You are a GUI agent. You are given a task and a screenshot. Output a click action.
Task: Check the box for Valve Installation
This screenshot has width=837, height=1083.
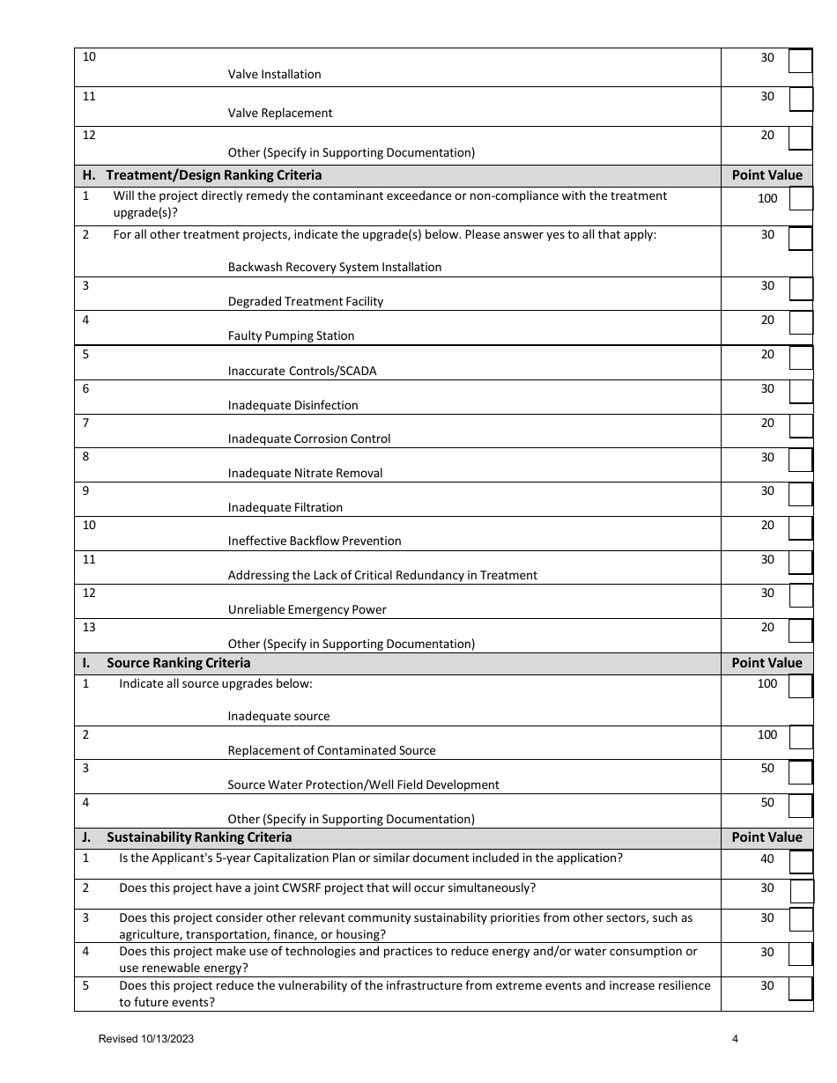[x=800, y=61]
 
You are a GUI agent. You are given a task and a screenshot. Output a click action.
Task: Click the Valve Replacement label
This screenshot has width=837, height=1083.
[x=280, y=114]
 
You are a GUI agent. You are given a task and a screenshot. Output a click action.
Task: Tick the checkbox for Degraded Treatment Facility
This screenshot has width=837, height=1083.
[x=800, y=289]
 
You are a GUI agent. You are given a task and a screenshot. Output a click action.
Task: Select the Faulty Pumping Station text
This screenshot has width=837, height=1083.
[x=291, y=336]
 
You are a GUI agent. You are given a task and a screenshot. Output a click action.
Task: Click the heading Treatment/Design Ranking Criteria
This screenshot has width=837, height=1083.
[x=214, y=175]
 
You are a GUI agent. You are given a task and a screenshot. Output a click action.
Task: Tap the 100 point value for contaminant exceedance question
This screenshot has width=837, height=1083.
[x=767, y=199]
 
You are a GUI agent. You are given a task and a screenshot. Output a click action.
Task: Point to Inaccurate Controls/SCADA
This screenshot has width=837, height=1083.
[x=302, y=372]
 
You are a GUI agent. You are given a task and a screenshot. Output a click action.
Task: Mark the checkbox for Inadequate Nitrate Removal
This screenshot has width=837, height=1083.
[x=800, y=460]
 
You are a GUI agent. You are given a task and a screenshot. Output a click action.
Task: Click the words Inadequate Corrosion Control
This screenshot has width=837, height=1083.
[x=309, y=439]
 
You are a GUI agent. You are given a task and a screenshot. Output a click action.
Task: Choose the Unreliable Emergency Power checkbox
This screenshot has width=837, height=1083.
[x=800, y=596]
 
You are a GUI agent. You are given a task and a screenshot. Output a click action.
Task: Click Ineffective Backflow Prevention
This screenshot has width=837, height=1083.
[x=315, y=541]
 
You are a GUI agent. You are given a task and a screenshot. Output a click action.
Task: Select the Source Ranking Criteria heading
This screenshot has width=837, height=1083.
[x=179, y=663]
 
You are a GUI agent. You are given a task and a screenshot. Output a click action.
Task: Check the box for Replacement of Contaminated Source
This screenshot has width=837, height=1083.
[x=800, y=737]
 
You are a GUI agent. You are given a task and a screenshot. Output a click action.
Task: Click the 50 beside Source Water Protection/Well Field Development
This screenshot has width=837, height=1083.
[x=767, y=769]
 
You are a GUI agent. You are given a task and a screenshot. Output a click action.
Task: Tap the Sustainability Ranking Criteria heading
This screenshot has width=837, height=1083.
[x=199, y=837]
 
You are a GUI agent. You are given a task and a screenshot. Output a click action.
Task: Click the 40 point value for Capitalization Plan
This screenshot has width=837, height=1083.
[x=767, y=859]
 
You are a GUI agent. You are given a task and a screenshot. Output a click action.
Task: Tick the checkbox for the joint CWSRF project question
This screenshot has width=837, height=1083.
[x=801, y=891]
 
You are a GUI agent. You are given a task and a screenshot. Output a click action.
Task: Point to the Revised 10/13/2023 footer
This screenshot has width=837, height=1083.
[x=146, y=1039]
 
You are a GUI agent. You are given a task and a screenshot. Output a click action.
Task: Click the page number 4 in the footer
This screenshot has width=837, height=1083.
[x=735, y=1039]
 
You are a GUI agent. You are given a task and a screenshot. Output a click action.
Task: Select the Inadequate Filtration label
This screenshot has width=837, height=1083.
[x=285, y=508]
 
